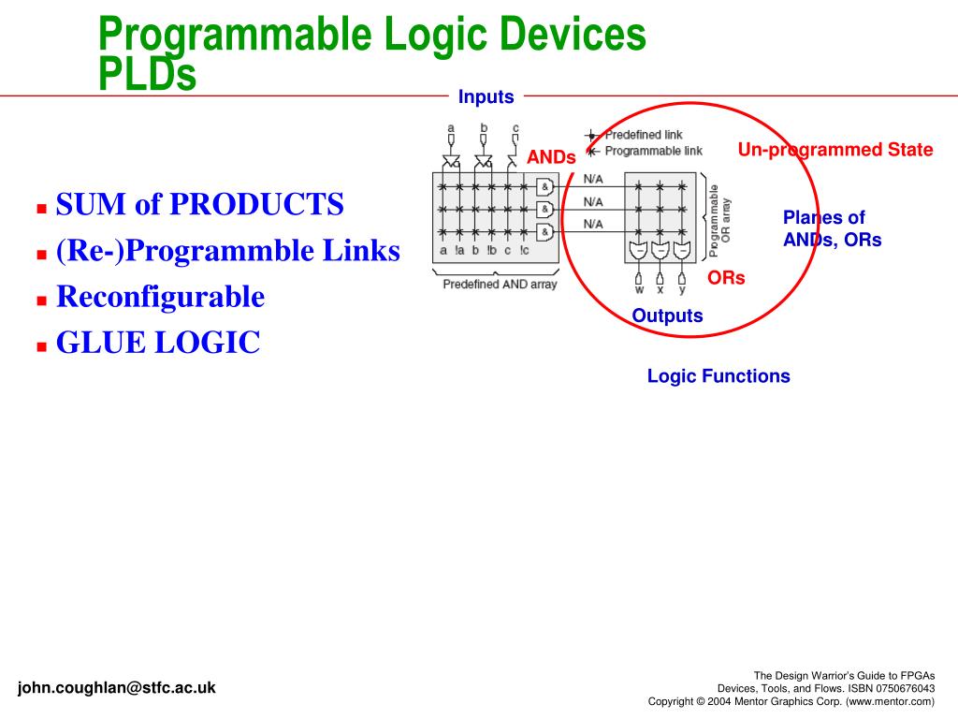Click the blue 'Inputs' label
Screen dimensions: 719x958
tap(486, 97)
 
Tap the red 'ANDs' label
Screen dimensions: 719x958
tap(551, 157)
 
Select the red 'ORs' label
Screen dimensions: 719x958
tap(726, 278)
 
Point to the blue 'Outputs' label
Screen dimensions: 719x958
tap(667, 315)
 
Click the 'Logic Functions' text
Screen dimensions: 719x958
tap(718, 376)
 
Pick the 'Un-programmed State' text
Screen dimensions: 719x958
tap(835, 150)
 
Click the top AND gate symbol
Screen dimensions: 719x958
tap(544, 186)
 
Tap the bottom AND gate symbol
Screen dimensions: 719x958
tap(544, 231)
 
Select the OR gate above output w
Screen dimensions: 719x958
tap(639, 250)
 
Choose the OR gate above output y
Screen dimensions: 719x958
tap(681, 250)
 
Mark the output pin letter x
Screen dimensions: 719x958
tap(660, 290)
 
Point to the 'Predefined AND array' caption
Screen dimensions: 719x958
tap(500, 285)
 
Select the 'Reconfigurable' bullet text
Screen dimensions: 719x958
tap(160, 298)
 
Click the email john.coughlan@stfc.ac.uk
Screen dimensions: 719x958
tap(116, 688)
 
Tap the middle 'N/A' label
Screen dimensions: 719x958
tap(593, 201)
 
